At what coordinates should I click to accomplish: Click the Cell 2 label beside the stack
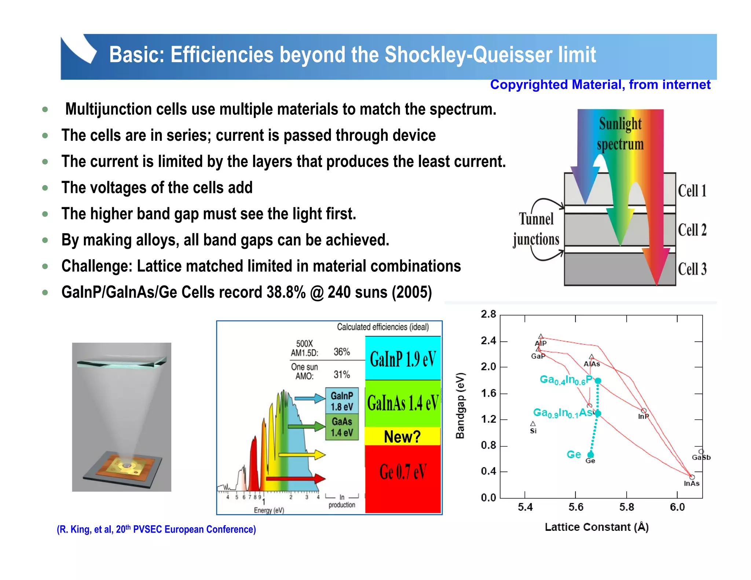pos(692,230)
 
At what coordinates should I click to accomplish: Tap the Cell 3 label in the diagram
pos(692,269)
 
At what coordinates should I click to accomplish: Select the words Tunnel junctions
pos(536,230)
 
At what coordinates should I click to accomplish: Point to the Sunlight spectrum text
pos(620,134)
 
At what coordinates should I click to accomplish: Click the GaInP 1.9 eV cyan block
pos(403,359)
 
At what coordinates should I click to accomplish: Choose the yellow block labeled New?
pos(402,436)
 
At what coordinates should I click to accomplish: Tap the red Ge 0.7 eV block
pos(403,473)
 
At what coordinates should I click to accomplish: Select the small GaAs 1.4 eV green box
pos(342,427)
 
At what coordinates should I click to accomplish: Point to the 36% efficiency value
pos(341,352)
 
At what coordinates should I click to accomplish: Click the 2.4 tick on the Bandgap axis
pos(488,341)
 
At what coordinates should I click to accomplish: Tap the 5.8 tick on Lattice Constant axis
pos(626,507)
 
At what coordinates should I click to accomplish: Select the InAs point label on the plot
pos(691,484)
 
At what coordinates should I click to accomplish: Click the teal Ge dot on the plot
pos(590,455)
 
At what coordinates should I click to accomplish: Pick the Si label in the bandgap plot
pos(533,431)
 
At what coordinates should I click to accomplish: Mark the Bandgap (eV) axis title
pos(460,405)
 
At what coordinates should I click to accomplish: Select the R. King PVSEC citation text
pos(156,529)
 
